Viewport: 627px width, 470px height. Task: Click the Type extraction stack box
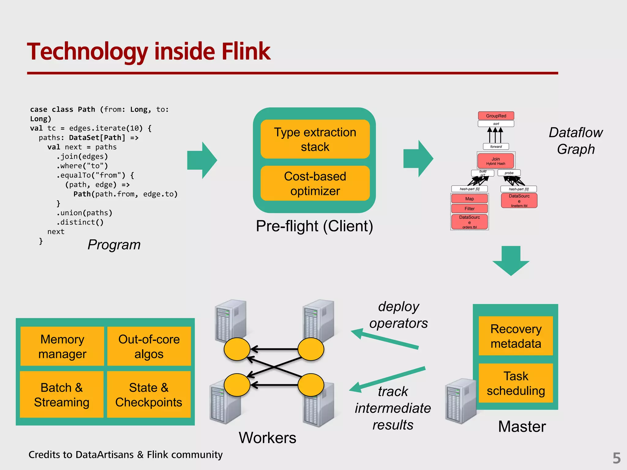pos(315,139)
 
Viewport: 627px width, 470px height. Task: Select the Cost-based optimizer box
pos(315,183)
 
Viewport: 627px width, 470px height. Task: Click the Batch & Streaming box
pos(62,394)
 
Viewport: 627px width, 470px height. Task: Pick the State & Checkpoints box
pos(149,394)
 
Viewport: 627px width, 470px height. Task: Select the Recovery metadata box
pos(516,336)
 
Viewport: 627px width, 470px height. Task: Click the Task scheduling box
pos(516,383)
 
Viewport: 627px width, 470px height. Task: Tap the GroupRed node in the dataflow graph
pos(496,116)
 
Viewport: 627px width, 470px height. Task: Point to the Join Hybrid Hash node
pos(496,161)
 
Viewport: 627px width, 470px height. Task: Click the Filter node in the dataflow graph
pos(469,208)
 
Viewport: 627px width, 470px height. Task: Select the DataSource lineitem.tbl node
pos(519,200)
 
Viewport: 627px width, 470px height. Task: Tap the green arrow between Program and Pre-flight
pos(202,160)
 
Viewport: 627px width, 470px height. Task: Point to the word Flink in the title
pos(246,51)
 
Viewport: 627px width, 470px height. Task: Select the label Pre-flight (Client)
pos(314,226)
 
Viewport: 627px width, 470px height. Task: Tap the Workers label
pos(267,438)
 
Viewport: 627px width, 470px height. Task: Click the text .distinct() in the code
pos(80,222)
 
